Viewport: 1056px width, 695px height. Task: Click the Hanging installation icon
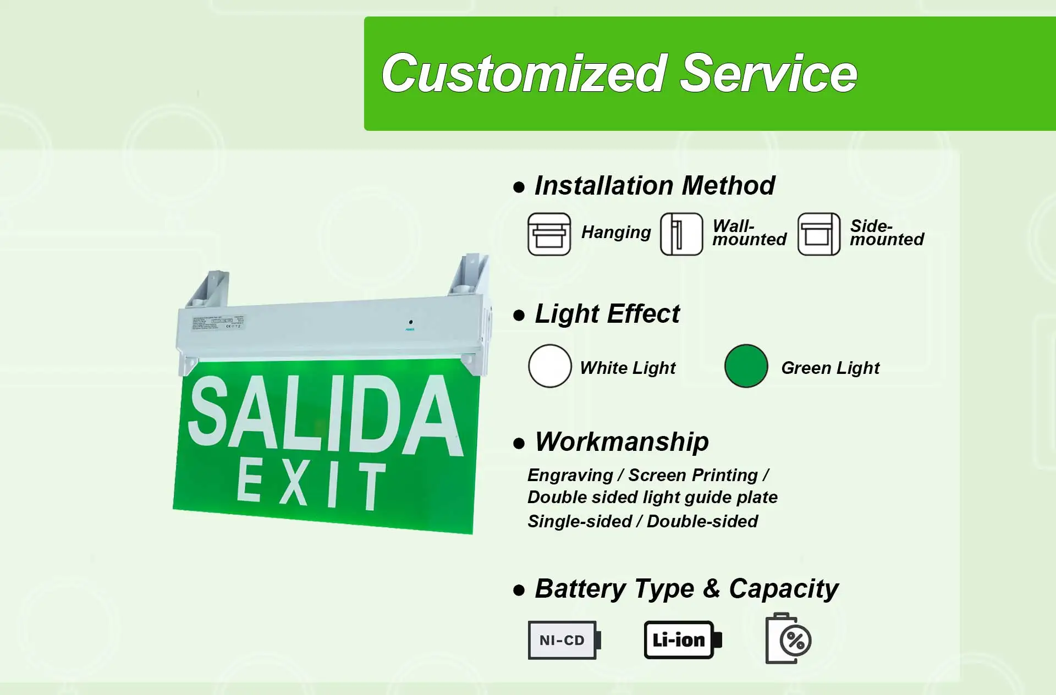[549, 234]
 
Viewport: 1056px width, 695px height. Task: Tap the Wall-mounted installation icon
[681, 234]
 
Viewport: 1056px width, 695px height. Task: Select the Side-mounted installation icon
[818, 234]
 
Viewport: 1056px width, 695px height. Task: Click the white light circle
[549, 366]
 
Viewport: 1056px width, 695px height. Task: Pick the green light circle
[746, 366]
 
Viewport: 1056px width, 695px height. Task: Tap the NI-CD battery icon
[564, 640]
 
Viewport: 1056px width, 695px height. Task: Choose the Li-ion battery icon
[682, 640]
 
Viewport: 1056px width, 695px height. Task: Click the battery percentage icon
[788, 639]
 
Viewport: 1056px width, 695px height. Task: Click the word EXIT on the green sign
[311, 484]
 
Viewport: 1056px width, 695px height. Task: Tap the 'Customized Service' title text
[619, 73]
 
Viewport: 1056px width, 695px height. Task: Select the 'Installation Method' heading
[654, 185]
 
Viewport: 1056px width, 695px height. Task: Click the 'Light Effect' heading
[607, 314]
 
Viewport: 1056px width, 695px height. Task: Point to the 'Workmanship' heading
[621, 442]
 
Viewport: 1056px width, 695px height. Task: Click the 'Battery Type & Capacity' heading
[686, 589]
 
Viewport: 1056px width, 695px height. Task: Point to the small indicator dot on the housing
[410, 322]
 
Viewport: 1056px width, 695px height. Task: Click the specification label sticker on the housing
[218, 323]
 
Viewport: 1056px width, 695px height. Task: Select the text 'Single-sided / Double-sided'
[642, 521]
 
